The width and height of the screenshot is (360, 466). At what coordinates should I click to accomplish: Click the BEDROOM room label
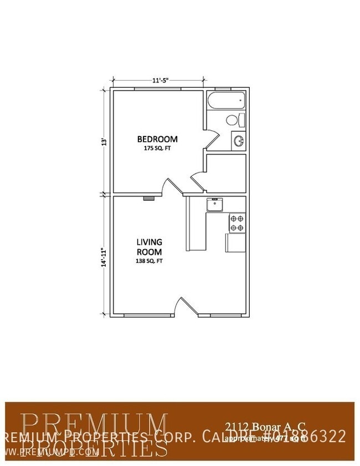pyautogui.click(x=157, y=138)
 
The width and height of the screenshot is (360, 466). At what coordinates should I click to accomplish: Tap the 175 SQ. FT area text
pyautogui.click(x=157, y=148)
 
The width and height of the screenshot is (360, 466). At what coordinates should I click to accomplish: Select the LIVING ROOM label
pyautogui.click(x=150, y=247)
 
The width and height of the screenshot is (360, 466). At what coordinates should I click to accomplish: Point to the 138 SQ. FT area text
pyautogui.click(x=150, y=260)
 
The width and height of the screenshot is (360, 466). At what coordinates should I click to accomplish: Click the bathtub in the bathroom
pyautogui.click(x=226, y=101)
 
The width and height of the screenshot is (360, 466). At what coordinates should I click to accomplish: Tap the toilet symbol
pyautogui.click(x=234, y=120)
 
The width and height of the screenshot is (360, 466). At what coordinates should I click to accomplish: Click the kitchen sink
pyautogui.click(x=214, y=205)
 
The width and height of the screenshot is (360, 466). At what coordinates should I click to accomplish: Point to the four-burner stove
pyautogui.click(x=237, y=222)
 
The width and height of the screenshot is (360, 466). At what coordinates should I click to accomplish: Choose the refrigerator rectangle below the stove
pyautogui.click(x=235, y=242)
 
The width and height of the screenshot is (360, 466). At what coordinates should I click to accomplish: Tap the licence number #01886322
pyautogui.click(x=302, y=437)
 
